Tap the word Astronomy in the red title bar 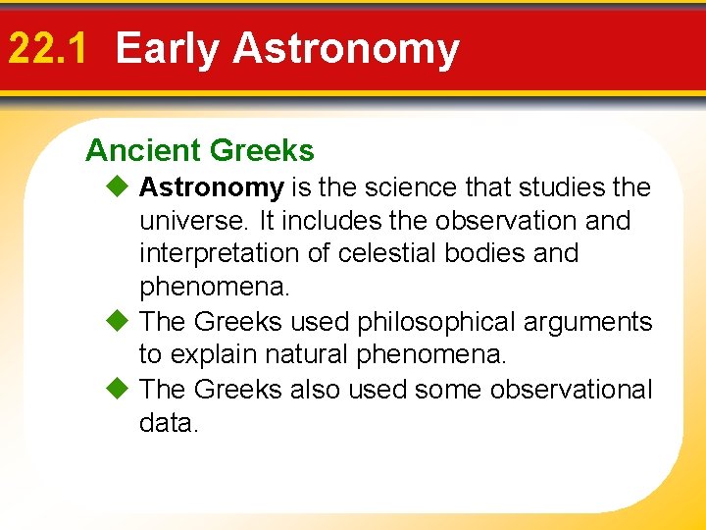point(346,49)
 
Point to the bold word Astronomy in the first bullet point(212,186)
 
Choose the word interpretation point(219,253)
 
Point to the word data point(169,423)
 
